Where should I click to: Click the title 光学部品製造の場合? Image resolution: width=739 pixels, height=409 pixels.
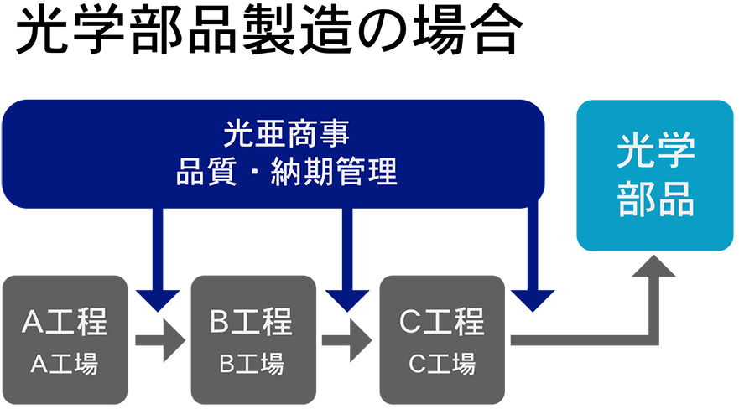pos(269,33)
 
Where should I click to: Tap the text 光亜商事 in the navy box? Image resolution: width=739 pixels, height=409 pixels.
pos(286,133)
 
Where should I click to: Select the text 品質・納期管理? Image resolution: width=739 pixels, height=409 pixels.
pos(287,172)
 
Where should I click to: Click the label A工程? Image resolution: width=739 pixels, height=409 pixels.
pos(65,322)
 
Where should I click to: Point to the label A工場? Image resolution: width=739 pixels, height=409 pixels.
pos(65,364)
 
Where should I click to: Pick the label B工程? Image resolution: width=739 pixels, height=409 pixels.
pos(251,322)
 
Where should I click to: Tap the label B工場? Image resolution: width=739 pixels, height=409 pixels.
pos(252,364)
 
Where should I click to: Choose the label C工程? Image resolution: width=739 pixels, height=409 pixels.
pos(441,322)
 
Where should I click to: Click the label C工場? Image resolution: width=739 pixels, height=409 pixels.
pos(442,364)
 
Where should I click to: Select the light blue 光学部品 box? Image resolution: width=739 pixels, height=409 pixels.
pos(655,175)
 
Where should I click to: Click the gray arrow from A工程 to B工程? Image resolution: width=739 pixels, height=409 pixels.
pos(160,339)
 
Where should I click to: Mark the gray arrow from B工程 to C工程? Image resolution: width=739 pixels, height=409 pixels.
pos(347,339)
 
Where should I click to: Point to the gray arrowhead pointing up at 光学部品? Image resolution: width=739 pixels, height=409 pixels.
pos(653,266)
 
